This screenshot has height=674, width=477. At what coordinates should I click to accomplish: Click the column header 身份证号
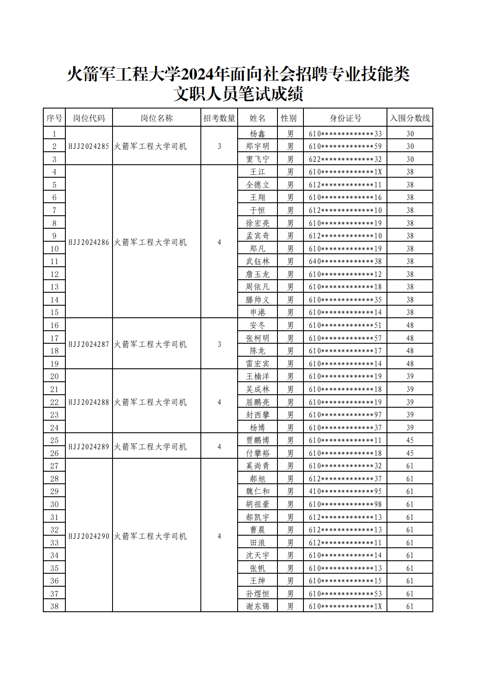345,118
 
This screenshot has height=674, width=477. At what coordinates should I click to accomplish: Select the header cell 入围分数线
409,118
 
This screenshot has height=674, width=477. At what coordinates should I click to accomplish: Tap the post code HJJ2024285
89,146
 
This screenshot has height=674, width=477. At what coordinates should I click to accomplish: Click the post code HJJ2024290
89,536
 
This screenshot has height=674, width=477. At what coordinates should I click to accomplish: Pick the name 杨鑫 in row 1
258,134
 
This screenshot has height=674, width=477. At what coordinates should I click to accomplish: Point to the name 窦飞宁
258,159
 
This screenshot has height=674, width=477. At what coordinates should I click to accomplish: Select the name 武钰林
258,261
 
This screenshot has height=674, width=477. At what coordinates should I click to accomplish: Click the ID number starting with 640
345,261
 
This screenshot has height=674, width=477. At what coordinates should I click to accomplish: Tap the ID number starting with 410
345,491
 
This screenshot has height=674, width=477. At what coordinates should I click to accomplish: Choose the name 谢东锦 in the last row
258,606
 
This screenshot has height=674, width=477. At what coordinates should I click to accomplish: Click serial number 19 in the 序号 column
54,364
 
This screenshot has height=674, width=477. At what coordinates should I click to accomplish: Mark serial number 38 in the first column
54,606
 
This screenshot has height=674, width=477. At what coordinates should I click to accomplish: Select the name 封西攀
258,415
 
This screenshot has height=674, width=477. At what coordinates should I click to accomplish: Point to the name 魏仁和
258,491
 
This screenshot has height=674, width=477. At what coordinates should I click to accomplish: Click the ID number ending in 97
345,415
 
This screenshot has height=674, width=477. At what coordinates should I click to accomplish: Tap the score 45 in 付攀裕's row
409,453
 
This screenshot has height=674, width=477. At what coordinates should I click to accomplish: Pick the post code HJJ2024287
89,344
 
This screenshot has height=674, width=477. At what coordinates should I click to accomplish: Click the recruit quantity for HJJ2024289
219,447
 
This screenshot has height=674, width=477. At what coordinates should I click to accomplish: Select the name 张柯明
258,338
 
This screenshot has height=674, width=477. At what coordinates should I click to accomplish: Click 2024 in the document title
197,74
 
